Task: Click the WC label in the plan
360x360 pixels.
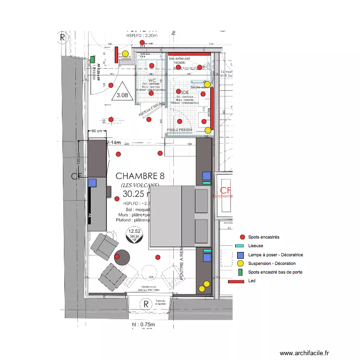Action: [x=151, y=81]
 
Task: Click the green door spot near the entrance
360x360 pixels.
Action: [x=92, y=60]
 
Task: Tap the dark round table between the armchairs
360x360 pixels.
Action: [x=122, y=258]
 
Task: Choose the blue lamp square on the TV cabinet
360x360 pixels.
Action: [x=92, y=182]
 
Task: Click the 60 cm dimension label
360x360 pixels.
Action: [x=97, y=131]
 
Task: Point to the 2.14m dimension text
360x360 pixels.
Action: [x=113, y=143]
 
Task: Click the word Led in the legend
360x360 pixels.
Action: [x=252, y=281]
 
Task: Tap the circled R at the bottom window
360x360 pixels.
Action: [x=145, y=304]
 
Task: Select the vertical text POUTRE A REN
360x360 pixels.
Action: [x=182, y=264]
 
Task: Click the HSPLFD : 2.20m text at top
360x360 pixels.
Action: [x=142, y=36]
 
